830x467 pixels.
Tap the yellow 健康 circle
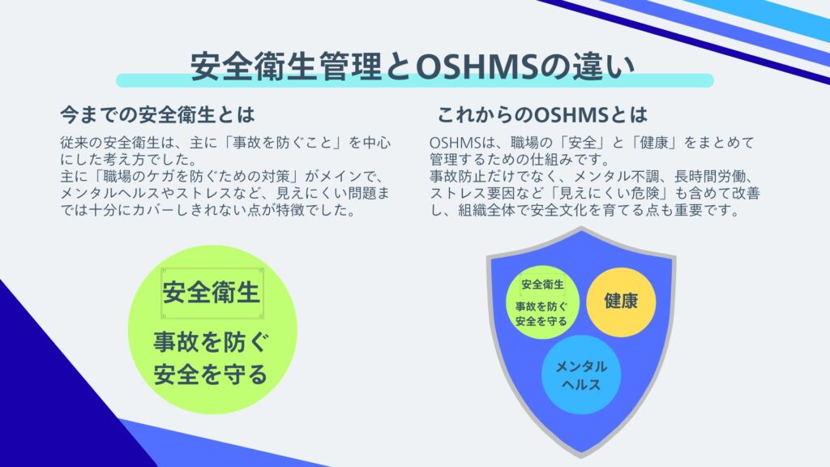click(x=621, y=302)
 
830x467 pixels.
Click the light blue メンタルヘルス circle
click(x=580, y=375)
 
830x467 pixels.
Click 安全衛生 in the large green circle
click(x=212, y=292)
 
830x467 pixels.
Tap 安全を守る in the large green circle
click(x=211, y=375)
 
